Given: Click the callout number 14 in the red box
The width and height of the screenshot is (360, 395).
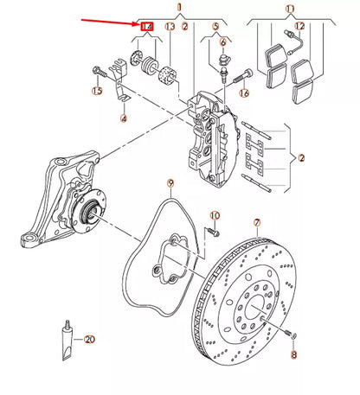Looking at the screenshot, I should [146, 28].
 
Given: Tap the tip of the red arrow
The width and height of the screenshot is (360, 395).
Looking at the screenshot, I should [137, 26].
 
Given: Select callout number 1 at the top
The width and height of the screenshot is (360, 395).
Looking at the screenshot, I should [180, 7].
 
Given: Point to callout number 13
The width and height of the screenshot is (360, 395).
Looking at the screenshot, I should [170, 28].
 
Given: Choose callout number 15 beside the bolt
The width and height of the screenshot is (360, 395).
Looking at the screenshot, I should [97, 90].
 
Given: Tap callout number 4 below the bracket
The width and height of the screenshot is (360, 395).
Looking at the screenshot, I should [123, 118].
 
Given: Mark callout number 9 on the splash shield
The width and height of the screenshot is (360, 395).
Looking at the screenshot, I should [170, 182].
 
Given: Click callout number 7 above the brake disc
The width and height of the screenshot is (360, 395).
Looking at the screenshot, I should [256, 222].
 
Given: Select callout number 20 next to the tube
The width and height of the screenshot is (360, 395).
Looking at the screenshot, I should [89, 341].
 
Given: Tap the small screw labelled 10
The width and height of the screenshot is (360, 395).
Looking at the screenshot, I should [209, 231].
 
